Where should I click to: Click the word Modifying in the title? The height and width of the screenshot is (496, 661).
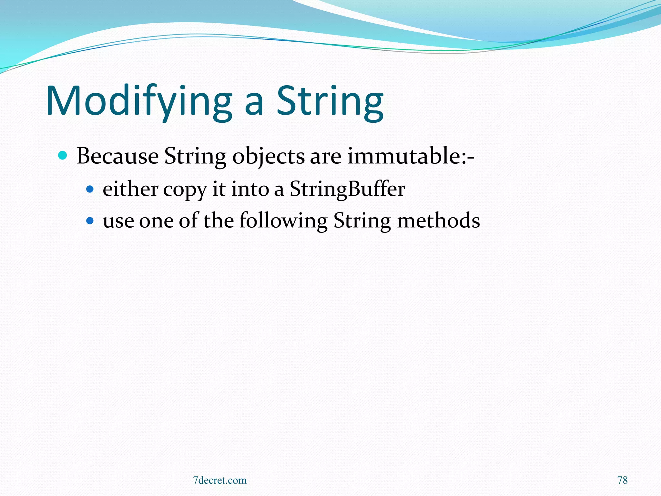[139, 101]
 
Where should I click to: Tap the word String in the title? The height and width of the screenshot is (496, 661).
[330, 101]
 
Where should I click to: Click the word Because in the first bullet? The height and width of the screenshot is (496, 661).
[117, 156]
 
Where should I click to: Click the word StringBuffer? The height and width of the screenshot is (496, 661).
[347, 189]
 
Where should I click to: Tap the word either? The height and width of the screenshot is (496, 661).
[130, 189]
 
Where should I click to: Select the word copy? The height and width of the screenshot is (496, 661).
[185, 191]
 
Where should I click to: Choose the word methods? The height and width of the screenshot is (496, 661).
[438, 221]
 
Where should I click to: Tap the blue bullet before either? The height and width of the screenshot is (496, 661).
[90, 189]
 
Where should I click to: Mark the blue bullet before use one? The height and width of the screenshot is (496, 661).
[90, 221]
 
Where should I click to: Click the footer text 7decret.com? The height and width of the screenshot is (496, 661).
[219, 480]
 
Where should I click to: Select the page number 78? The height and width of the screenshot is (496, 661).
[622, 480]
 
